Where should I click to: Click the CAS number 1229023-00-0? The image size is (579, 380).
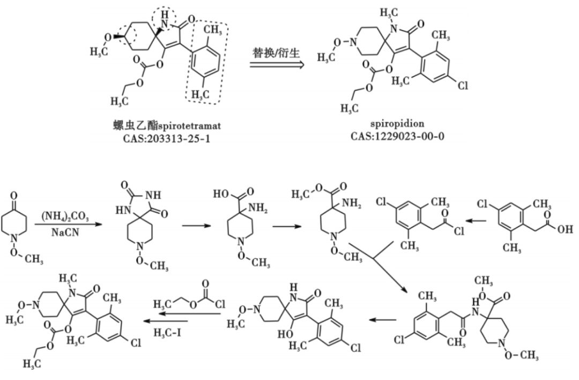(397, 136)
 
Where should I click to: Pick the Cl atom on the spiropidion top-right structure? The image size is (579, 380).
(463, 85)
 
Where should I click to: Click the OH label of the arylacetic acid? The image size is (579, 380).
(565, 230)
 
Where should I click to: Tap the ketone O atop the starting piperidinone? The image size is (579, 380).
(16, 189)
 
